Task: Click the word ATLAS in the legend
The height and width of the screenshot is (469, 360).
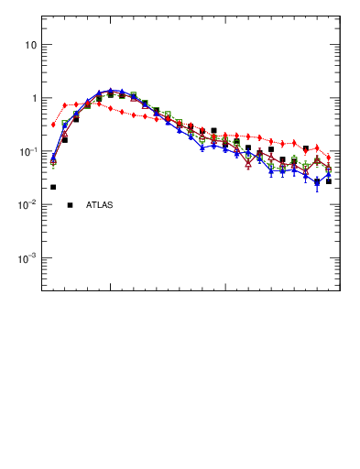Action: [x=99, y=204]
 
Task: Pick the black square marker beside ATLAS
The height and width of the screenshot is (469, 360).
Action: [x=70, y=204]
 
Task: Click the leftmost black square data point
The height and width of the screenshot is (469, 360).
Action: [x=53, y=187]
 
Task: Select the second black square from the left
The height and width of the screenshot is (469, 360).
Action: [x=64, y=140]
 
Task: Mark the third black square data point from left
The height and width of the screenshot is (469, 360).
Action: [x=76, y=119]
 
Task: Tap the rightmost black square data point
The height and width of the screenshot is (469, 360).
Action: [x=329, y=181]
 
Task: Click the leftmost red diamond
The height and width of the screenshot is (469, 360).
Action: [x=53, y=125]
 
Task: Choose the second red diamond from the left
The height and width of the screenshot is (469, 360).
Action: [x=64, y=105]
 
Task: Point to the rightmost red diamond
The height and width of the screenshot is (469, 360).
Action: [x=329, y=158]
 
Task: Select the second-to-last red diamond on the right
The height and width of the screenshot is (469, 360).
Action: [x=317, y=147]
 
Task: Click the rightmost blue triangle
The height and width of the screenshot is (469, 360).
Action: [x=329, y=175]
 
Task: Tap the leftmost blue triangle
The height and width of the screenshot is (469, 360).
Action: [x=53, y=158]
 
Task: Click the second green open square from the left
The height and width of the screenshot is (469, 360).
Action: [x=64, y=124]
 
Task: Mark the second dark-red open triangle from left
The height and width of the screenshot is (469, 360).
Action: [x=64, y=134]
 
